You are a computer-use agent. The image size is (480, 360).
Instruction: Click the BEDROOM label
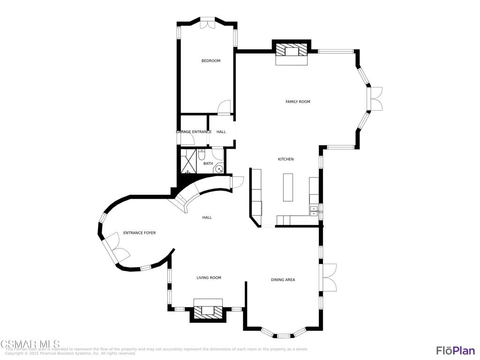[x=211, y=61]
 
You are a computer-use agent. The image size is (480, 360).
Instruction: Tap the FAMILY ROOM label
[x=298, y=102]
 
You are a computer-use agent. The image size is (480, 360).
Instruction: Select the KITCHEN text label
[x=286, y=159]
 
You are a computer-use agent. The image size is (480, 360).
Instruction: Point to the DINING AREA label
[x=283, y=280]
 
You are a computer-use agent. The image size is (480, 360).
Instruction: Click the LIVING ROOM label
[x=209, y=278]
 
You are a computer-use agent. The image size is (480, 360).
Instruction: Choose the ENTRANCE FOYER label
[x=139, y=233]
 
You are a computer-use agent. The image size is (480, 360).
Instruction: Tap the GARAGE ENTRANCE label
[x=194, y=132]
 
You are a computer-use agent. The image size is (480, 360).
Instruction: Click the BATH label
[x=208, y=164]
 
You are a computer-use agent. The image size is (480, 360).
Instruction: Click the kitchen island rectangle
[x=288, y=187]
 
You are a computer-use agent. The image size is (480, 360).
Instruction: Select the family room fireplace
[x=291, y=51]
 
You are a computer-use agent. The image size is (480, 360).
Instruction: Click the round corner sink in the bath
[x=219, y=169]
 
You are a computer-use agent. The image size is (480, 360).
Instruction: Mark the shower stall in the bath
[x=189, y=162]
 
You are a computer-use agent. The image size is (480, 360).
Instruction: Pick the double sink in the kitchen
[x=314, y=211]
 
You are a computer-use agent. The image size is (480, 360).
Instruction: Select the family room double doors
[x=375, y=99]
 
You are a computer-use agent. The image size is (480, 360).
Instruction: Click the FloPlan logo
[x=455, y=350]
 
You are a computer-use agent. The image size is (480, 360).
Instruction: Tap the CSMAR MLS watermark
[x=30, y=345]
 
